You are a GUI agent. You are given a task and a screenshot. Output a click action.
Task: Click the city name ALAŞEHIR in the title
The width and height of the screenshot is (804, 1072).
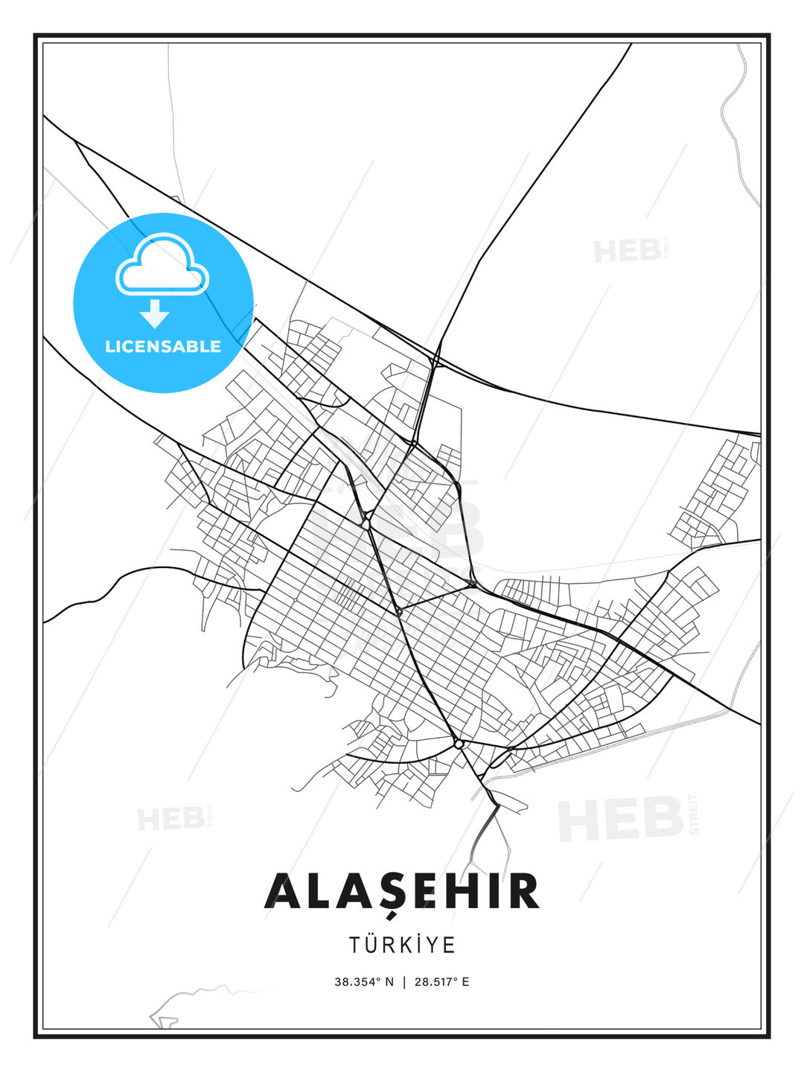point(402,891)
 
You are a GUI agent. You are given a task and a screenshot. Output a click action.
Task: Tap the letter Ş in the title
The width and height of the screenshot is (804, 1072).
point(402,893)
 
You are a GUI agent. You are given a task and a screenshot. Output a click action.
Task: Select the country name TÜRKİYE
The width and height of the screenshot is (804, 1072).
point(402,945)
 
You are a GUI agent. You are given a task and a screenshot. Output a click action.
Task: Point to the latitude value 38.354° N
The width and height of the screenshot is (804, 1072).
point(363,982)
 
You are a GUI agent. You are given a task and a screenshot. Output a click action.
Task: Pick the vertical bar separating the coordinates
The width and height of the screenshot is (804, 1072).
point(403,982)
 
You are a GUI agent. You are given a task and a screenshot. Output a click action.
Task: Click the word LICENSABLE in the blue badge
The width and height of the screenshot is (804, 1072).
point(163,346)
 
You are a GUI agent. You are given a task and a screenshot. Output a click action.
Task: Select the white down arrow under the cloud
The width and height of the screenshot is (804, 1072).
point(155,314)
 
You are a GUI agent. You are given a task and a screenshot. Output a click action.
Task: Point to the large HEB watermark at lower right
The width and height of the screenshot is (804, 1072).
point(622,818)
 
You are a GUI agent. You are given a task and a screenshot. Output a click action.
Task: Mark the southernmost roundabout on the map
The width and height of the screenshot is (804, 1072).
point(459,744)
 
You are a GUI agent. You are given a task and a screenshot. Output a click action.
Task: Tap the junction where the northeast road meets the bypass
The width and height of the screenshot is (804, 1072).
point(437,363)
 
